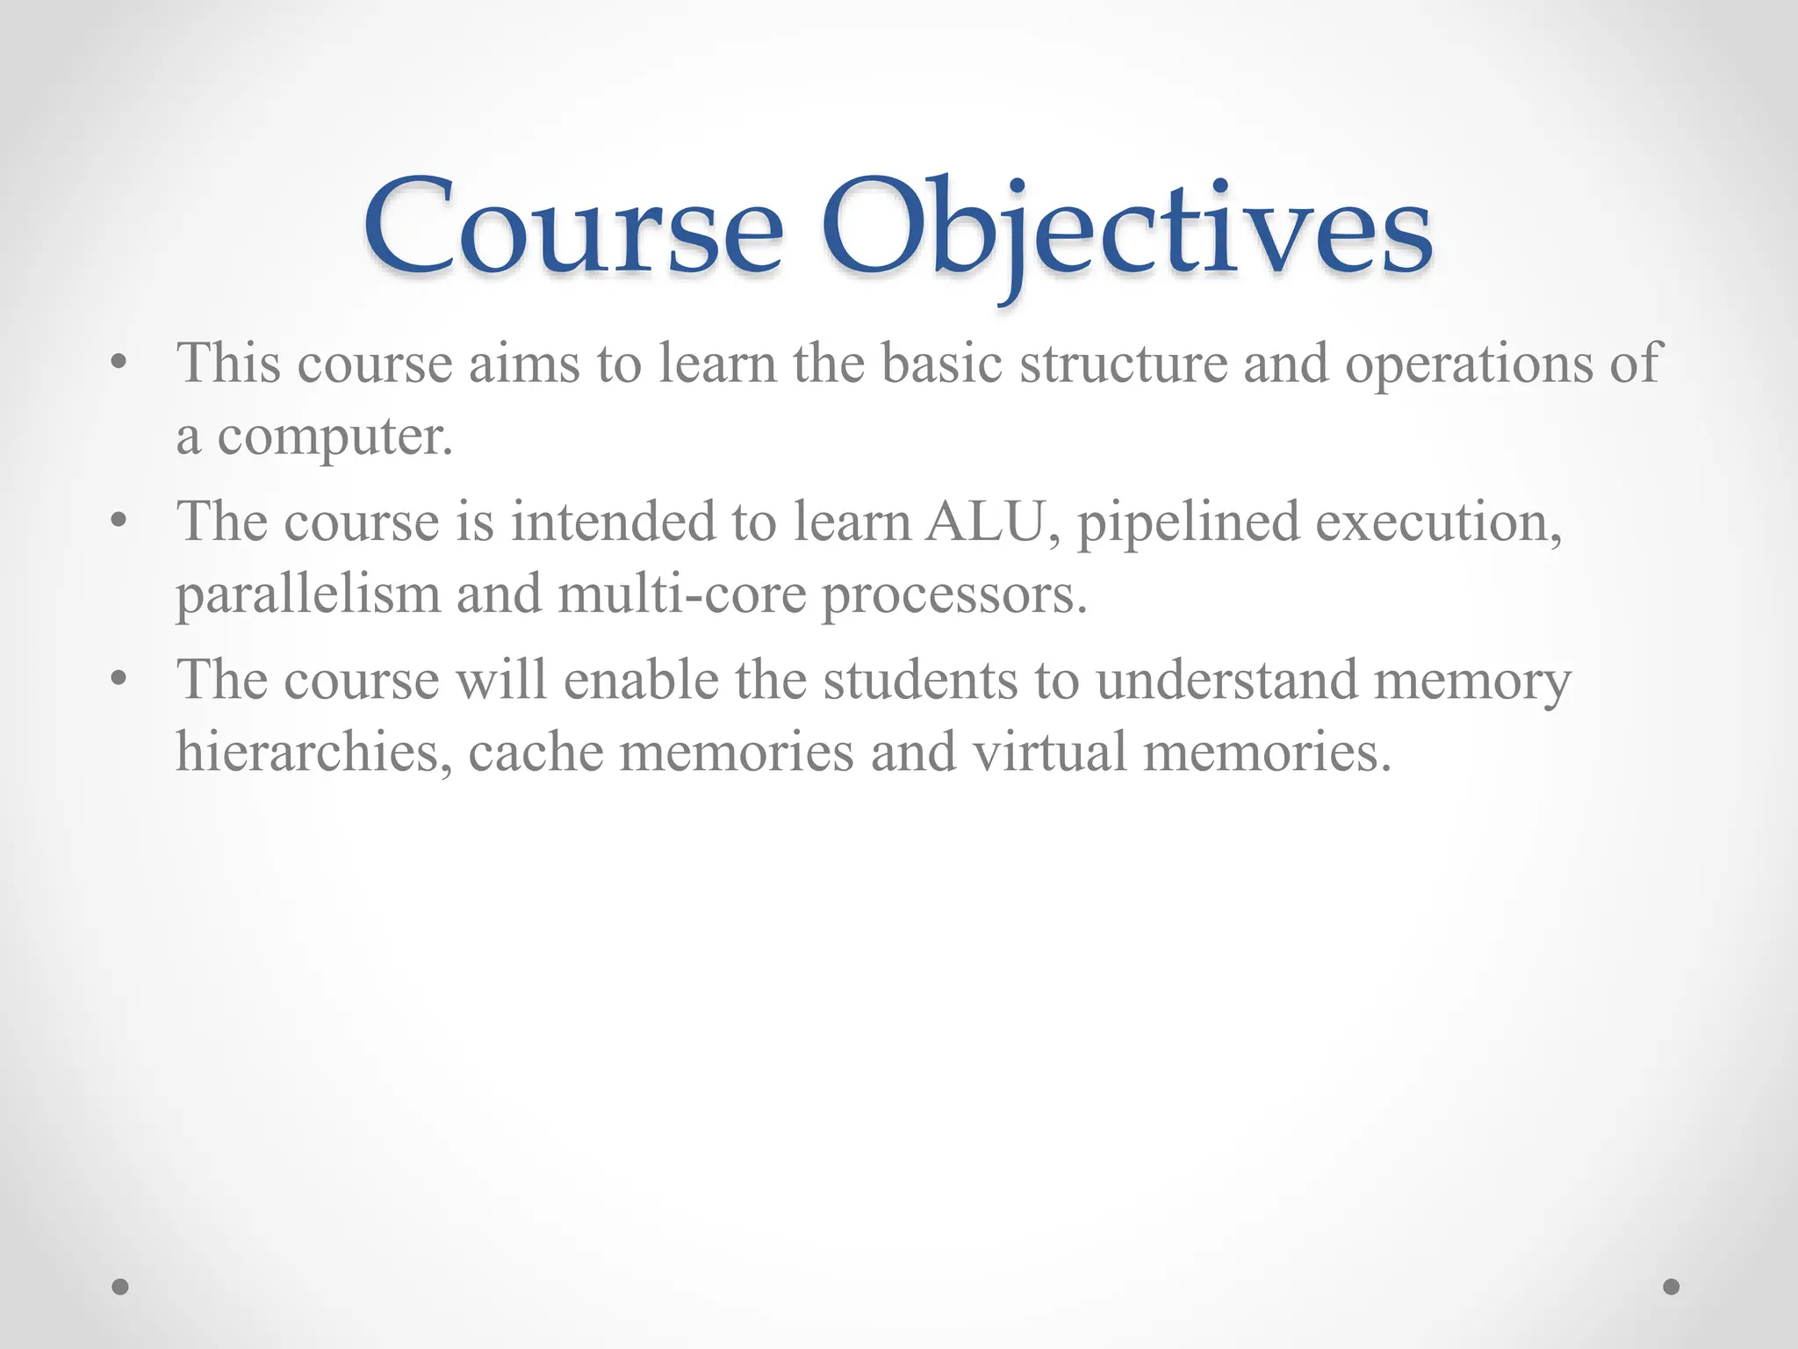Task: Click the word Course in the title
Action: (x=573, y=230)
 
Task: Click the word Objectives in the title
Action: (x=1126, y=230)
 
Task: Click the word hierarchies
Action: (x=314, y=754)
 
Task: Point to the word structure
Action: (x=1123, y=364)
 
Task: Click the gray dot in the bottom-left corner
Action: (x=120, y=1287)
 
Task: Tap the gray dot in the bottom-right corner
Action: (x=1672, y=1287)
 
